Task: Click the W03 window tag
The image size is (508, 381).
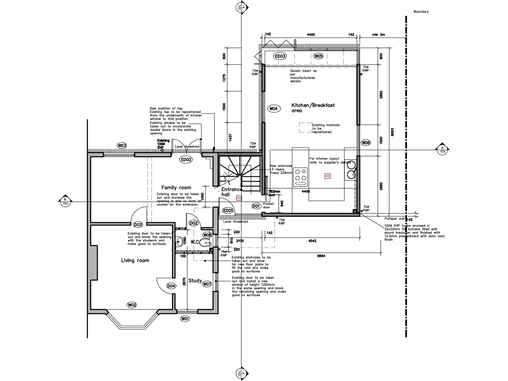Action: coord(122,146)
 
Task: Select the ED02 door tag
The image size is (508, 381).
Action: coord(186,160)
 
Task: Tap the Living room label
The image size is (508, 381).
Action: coord(135,260)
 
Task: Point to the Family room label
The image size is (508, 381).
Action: coord(176,188)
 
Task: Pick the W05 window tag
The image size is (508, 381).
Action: coord(318,56)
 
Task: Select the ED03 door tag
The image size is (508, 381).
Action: coord(280,56)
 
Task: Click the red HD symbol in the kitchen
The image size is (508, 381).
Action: coord(327,176)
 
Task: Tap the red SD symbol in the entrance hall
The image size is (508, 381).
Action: coord(239,198)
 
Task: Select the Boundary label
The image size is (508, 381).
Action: coord(421,12)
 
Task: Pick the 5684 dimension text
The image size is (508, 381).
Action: coord(321,256)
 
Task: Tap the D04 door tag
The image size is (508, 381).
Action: coord(171,286)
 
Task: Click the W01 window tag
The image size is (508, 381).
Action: coord(185,318)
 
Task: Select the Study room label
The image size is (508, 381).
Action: coord(195,280)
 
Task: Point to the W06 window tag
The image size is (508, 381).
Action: coord(366,143)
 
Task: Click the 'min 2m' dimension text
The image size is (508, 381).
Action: coord(378,35)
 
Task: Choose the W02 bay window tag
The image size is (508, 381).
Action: coord(132,305)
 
